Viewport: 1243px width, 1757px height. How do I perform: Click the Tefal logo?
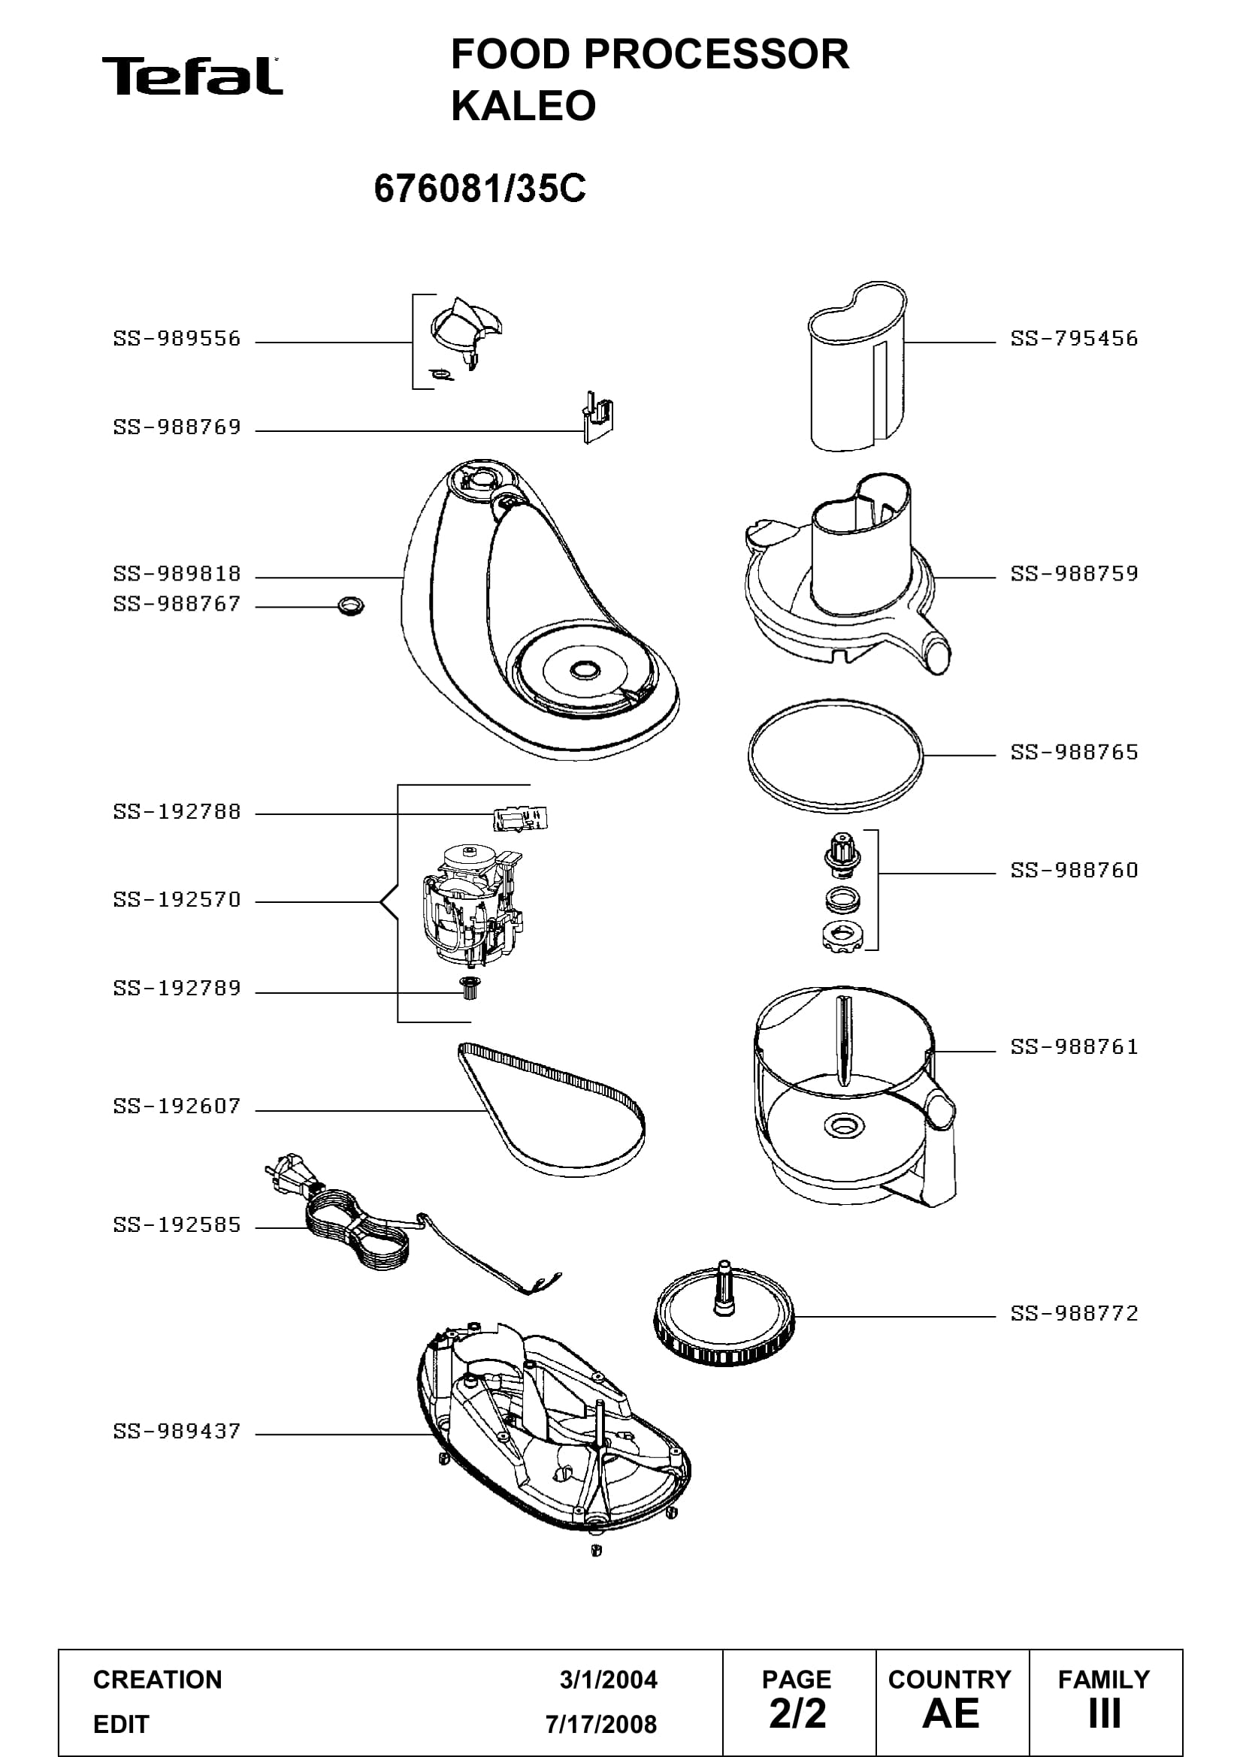click(192, 76)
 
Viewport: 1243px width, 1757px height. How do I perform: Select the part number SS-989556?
click(177, 338)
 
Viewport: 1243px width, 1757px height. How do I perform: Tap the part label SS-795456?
click(1074, 338)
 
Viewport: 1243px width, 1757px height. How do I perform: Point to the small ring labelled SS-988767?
click(350, 607)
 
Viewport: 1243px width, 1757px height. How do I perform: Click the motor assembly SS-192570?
click(470, 902)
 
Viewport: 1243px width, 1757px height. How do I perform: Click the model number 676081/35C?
click(480, 189)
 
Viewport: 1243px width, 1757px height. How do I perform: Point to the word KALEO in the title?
click(524, 106)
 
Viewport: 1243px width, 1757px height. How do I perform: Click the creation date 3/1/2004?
click(609, 1680)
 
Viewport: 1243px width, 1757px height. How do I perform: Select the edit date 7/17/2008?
click(602, 1724)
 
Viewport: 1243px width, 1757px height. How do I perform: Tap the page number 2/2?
click(797, 1713)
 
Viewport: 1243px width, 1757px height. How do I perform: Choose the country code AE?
click(951, 1713)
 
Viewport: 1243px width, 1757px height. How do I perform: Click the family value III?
click(1105, 1713)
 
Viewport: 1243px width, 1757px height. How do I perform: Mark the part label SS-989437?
click(177, 1431)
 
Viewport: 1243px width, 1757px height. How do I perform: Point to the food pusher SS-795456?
click(857, 367)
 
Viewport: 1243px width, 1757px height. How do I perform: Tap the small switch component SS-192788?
click(522, 818)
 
